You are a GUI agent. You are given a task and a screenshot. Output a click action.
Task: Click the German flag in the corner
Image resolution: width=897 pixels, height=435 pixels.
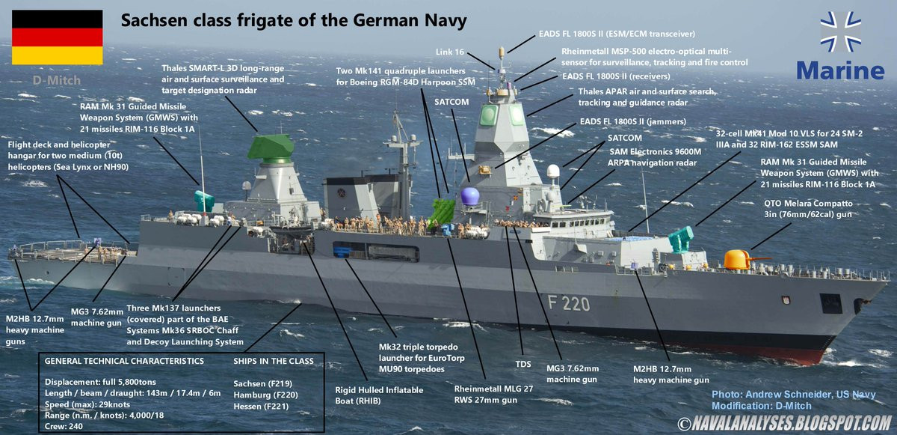pos(56,37)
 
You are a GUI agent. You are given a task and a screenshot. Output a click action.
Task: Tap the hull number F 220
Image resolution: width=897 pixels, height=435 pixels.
pos(568,303)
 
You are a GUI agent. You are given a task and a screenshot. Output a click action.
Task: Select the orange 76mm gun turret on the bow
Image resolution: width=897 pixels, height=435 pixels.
pos(737,260)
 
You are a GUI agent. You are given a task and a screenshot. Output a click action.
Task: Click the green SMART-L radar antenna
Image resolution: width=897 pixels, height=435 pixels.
pos(271,147)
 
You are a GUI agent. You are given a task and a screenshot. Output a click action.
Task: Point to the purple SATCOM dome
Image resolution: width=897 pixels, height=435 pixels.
pos(469,197)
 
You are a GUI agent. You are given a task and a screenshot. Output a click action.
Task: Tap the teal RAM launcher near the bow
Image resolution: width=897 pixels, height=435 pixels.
pos(679,239)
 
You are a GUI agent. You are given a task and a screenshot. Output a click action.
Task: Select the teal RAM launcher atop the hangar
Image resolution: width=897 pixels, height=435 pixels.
pos(204,201)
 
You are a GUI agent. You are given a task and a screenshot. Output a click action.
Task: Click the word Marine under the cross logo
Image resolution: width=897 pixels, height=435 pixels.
pos(840,71)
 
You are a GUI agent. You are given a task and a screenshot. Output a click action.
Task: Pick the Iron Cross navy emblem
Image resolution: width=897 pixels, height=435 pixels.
pos(840,31)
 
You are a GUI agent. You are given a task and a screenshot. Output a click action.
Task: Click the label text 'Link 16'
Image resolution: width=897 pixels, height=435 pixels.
pos(450,52)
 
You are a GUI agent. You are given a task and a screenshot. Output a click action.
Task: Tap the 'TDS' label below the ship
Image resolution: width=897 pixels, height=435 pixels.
pos(523,364)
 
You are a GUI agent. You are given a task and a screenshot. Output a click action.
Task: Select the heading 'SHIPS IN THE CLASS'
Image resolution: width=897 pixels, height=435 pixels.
pos(274,361)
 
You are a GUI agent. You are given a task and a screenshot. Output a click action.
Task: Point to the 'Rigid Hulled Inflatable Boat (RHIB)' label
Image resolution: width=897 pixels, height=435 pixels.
pos(378,396)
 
